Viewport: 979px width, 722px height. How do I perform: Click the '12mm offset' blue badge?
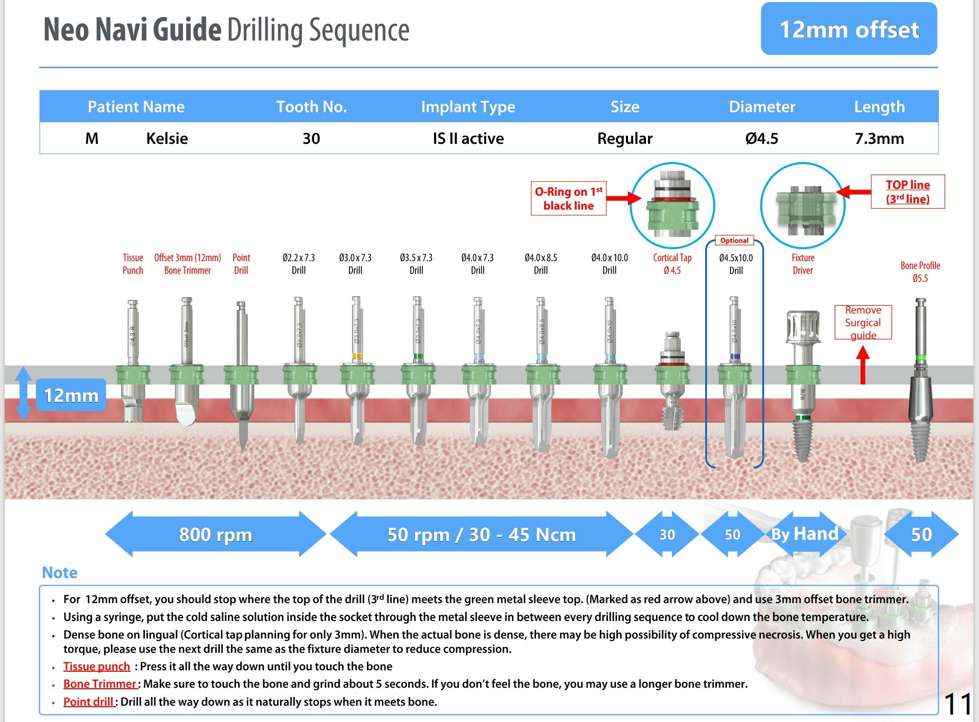click(x=848, y=29)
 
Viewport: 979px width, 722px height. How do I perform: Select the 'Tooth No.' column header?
click(x=311, y=107)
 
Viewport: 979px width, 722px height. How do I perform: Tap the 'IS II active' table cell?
click(x=468, y=139)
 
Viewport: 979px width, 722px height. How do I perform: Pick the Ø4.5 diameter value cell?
click(x=761, y=139)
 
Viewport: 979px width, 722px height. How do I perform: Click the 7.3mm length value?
click(x=879, y=139)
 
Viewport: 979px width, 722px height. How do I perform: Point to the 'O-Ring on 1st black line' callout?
click(x=568, y=198)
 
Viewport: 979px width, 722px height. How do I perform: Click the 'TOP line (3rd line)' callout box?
click(x=907, y=191)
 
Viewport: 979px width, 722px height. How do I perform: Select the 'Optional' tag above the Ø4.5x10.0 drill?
click(x=734, y=240)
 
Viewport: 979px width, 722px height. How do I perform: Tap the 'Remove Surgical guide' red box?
click(x=863, y=322)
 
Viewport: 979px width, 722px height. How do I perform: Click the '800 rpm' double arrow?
click(x=215, y=534)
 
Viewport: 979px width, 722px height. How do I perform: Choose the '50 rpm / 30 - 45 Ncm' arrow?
click(x=481, y=534)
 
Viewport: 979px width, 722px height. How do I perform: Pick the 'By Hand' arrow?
click(x=805, y=534)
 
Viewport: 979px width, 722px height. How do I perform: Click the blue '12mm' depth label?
click(x=71, y=396)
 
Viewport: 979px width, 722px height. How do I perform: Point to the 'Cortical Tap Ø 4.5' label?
click(x=672, y=264)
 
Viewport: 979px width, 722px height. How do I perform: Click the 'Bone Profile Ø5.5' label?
click(x=920, y=272)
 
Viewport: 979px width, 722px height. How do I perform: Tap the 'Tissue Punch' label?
click(x=133, y=264)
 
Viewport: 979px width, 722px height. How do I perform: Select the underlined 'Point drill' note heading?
click(x=88, y=702)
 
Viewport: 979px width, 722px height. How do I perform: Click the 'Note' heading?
click(x=60, y=572)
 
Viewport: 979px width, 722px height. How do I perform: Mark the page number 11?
click(x=957, y=704)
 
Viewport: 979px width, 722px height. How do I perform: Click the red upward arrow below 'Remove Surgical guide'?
click(x=863, y=365)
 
